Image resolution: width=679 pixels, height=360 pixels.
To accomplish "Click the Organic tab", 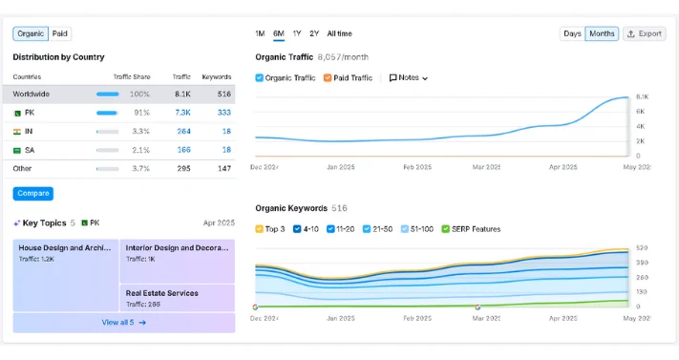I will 31,33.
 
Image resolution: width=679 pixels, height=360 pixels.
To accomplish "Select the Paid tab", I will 60,33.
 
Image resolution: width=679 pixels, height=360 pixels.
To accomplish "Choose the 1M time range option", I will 260,33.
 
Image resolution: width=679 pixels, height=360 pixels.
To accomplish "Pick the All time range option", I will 339,33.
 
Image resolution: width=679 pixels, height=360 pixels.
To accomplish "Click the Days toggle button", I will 572,33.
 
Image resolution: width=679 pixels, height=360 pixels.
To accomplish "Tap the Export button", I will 645,33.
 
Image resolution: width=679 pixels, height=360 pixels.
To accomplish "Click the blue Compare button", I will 33,194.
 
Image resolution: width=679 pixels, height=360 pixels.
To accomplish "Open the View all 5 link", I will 124,323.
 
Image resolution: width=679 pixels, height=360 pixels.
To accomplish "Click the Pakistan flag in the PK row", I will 17,113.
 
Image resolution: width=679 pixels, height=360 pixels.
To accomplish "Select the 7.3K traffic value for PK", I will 182,113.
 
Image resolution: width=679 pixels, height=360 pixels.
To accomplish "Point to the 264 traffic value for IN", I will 183,131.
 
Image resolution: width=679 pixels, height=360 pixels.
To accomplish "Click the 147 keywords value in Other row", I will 224,168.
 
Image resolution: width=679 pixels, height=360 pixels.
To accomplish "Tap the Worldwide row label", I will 32,95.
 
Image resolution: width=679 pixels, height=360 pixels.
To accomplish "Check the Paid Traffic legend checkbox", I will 328,77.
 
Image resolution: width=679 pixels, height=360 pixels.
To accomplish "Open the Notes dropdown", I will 409,77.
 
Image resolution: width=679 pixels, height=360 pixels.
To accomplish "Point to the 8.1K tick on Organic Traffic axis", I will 643,96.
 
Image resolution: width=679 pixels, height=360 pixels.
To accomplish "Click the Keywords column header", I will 217,76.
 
